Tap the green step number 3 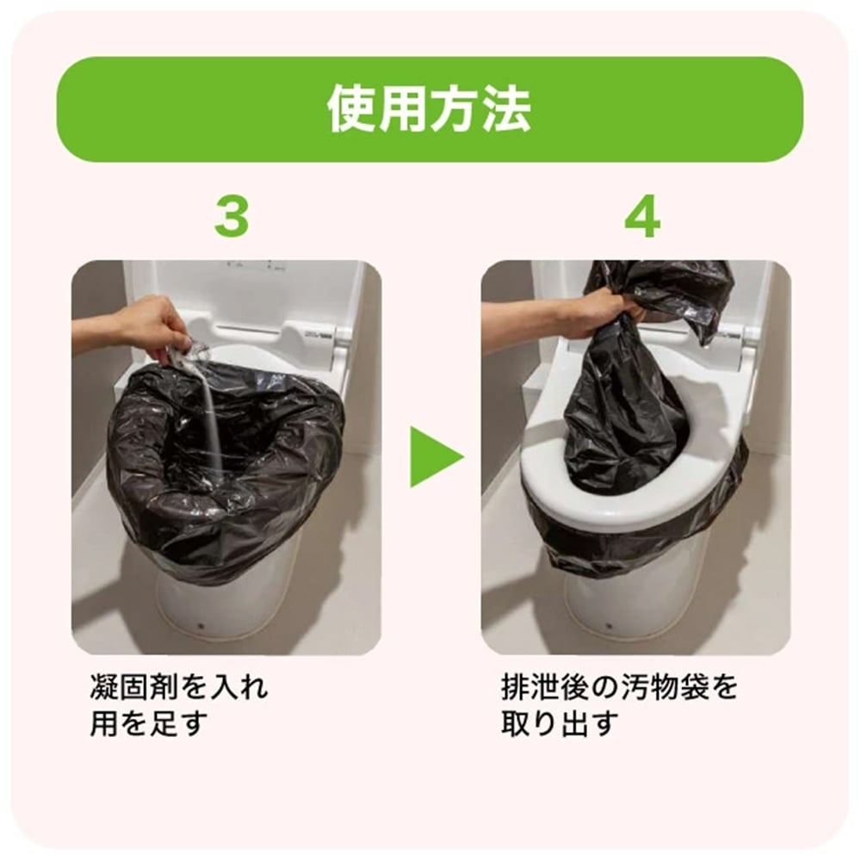(x=231, y=218)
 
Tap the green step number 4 (x=641, y=218)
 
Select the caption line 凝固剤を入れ (x=179, y=688)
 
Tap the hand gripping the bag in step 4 (x=603, y=314)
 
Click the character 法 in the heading (x=505, y=109)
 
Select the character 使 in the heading (x=353, y=109)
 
